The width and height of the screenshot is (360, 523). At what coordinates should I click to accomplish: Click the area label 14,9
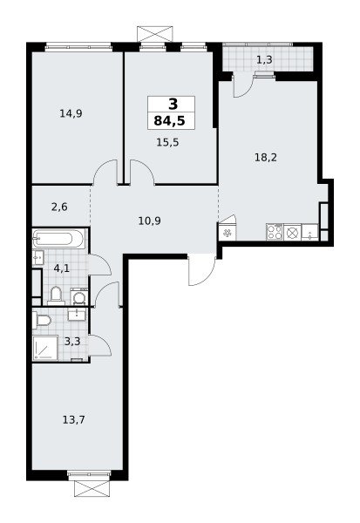pyautogui.click(x=71, y=113)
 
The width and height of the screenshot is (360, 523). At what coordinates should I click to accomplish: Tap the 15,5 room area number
pyautogui.click(x=167, y=142)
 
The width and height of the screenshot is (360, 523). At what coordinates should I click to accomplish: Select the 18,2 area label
pyautogui.click(x=266, y=157)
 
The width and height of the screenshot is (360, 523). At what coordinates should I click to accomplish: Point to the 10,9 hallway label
pyautogui.click(x=149, y=221)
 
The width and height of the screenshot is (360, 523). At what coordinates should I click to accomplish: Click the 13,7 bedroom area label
pyautogui.click(x=74, y=419)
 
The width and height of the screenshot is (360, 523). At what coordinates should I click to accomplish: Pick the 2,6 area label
pyautogui.click(x=59, y=207)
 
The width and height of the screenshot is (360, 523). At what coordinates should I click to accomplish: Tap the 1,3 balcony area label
pyautogui.click(x=264, y=60)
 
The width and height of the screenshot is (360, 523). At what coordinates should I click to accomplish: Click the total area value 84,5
pyautogui.click(x=169, y=121)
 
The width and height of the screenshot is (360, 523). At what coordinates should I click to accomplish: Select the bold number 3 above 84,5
pyautogui.click(x=173, y=105)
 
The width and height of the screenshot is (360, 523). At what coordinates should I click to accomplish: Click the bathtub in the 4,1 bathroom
pyautogui.click(x=59, y=239)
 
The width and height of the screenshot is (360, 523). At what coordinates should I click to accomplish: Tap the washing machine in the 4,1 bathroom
pyautogui.click(x=79, y=296)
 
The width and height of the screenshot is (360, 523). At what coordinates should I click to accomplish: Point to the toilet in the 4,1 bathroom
pyautogui.click(x=56, y=295)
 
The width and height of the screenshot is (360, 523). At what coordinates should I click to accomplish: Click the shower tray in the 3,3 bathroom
pyautogui.click(x=45, y=348)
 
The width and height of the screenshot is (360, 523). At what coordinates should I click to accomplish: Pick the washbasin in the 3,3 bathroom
pyautogui.click(x=77, y=314)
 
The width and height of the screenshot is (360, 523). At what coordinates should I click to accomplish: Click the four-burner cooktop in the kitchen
pyautogui.click(x=275, y=232)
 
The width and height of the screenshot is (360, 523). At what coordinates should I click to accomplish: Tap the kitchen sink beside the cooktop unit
pyautogui.click(x=310, y=232)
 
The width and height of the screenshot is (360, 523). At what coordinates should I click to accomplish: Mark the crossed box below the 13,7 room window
pyautogui.click(x=92, y=488)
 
